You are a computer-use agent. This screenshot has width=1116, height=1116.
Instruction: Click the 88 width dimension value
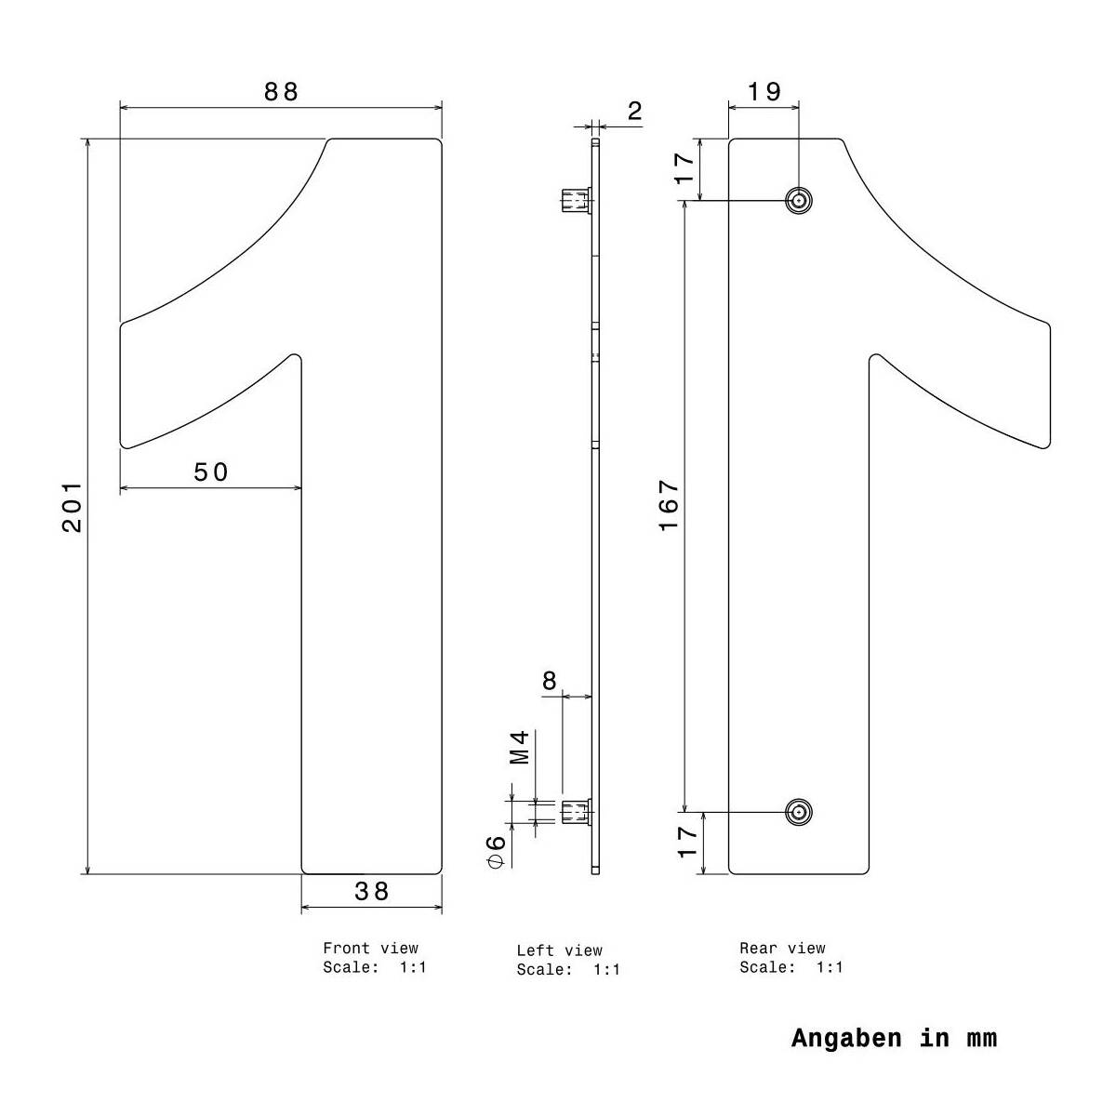[x=281, y=91]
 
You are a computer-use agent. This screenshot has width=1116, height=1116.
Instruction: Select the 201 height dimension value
[x=73, y=507]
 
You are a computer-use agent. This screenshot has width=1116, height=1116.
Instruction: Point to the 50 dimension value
[x=211, y=472]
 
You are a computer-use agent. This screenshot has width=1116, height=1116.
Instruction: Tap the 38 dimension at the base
[x=372, y=891]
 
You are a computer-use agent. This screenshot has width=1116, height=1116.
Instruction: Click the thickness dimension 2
[x=635, y=112]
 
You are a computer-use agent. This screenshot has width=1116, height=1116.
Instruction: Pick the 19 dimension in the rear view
[x=764, y=91]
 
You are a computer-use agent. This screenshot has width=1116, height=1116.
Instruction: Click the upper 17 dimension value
[x=684, y=167]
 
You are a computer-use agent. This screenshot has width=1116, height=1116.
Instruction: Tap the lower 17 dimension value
[x=686, y=842]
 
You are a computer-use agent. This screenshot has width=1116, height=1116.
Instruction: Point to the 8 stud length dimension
[x=550, y=681]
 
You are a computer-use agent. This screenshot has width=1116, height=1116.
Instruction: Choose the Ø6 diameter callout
[x=496, y=850]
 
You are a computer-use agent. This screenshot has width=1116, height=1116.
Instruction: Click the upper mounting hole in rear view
[x=798, y=200]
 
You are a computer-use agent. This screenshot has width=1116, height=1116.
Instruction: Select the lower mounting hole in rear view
[x=798, y=812]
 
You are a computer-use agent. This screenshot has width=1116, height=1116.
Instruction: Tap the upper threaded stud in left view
[x=576, y=200]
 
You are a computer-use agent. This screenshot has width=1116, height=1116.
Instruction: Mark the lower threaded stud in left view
[x=576, y=812]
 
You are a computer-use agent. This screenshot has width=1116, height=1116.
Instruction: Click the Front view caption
[x=370, y=949]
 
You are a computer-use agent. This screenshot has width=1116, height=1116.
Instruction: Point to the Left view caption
[x=559, y=950]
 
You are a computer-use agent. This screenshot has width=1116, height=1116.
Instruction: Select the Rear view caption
[x=782, y=949]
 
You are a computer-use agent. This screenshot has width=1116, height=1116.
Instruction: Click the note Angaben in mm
[x=894, y=1038]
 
